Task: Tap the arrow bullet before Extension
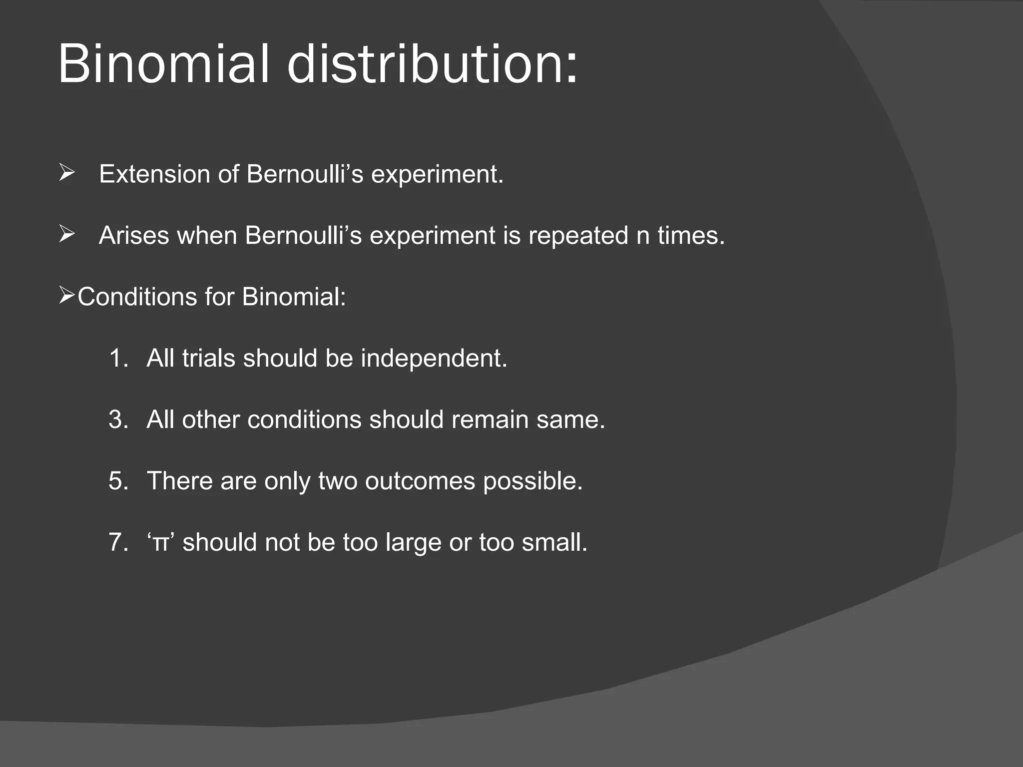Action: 67,173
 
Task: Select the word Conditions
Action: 137,297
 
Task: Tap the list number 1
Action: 118,359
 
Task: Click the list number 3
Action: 118,419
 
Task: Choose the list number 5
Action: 118,481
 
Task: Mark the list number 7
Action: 118,542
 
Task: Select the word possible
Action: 532,481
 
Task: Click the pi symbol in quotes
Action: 160,543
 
